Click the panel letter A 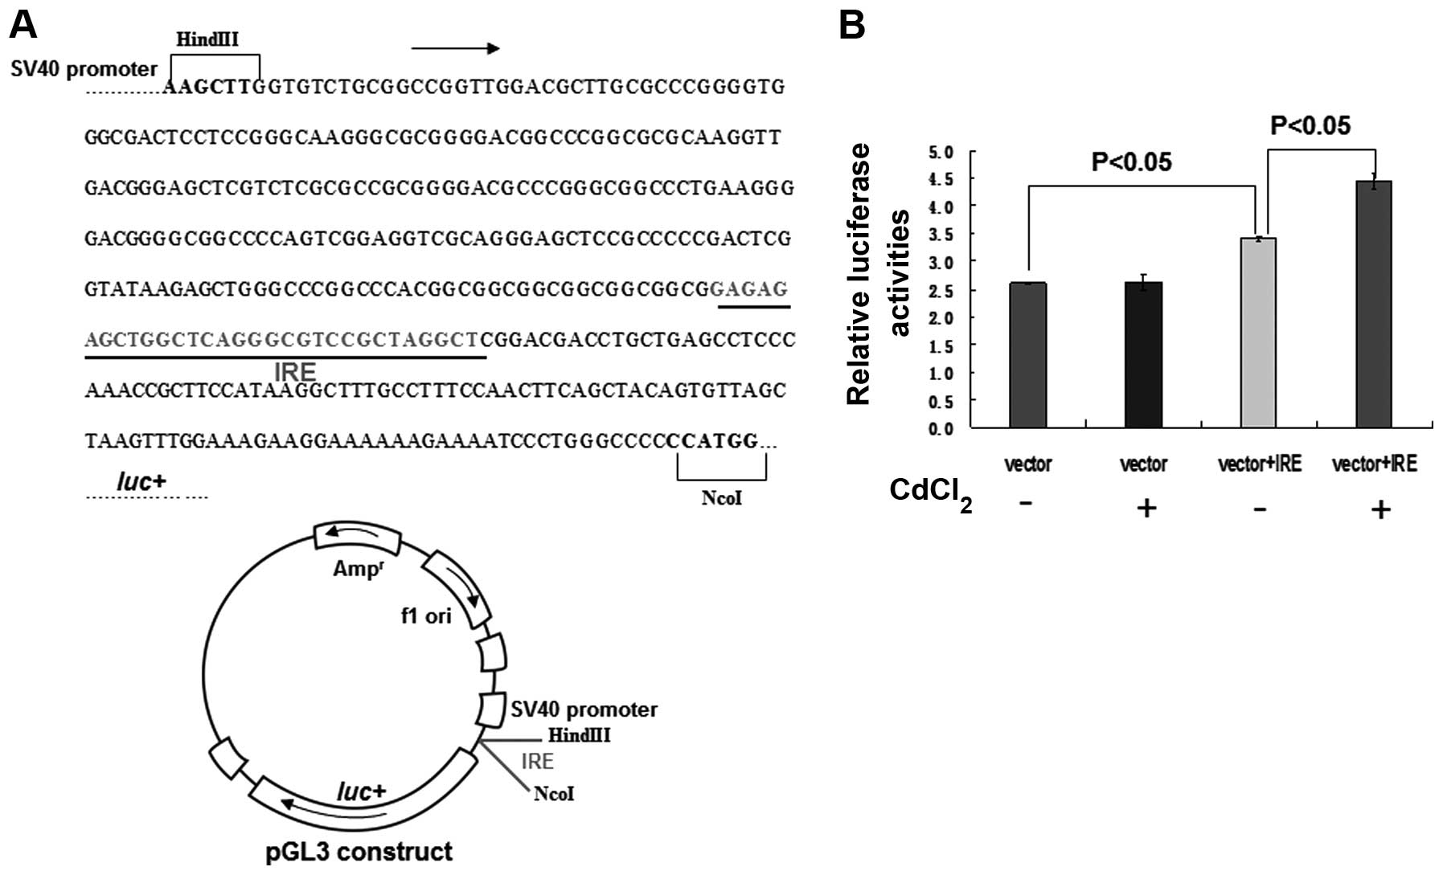(23, 26)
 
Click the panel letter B (852, 26)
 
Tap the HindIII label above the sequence (207, 39)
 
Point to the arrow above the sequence (455, 48)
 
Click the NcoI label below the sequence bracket (721, 498)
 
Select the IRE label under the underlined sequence (295, 372)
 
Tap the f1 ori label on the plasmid (426, 616)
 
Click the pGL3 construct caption (359, 852)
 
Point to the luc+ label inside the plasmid (361, 792)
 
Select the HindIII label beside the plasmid (579, 735)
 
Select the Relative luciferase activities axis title (876, 273)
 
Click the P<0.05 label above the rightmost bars (1310, 125)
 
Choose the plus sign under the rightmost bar (1380, 509)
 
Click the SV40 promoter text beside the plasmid (584, 709)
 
